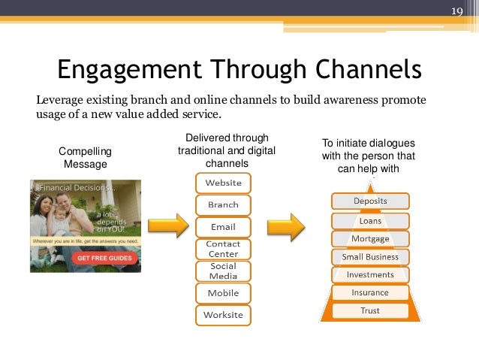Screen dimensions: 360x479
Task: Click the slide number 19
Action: click(x=456, y=11)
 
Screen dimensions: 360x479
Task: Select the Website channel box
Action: click(x=223, y=183)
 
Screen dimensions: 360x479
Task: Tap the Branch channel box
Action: click(x=223, y=204)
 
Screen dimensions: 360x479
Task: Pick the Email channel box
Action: click(x=223, y=226)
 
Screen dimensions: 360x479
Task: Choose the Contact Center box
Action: click(x=223, y=249)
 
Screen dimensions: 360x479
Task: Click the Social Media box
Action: click(x=223, y=271)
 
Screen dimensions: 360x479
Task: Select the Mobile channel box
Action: click(x=223, y=292)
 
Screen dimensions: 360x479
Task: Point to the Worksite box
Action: click(x=223, y=315)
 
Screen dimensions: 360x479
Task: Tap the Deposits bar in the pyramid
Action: click(x=370, y=201)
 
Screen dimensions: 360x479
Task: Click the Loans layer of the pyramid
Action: click(x=370, y=221)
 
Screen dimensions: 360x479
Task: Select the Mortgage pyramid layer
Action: click(x=370, y=239)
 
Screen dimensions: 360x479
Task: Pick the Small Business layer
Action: click(x=370, y=257)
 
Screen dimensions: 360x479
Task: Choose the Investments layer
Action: click(x=370, y=275)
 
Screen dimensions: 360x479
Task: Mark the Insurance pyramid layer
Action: click(x=370, y=292)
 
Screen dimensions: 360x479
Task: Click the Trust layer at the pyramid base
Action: click(x=370, y=310)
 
